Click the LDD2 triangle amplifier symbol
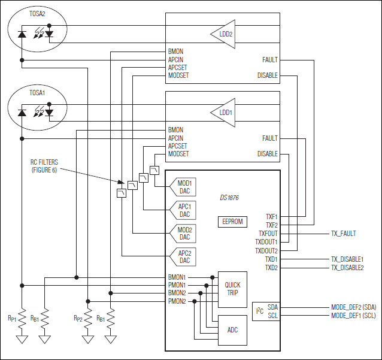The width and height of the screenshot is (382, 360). [x=222, y=34]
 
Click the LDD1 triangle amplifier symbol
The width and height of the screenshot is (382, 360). [x=222, y=112]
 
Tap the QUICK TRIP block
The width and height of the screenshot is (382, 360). [x=232, y=289]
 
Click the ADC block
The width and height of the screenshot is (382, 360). [x=232, y=329]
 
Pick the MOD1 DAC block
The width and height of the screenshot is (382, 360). [x=184, y=187]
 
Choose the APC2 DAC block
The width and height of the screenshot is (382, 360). [x=184, y=257]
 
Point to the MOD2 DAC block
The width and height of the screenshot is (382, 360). [x=184, y=234]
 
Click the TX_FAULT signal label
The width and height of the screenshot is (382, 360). [x=343, y=234]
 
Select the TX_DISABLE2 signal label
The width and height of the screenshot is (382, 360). [x=347, y=268]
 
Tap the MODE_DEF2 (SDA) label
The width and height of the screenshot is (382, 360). [x=353, y=307]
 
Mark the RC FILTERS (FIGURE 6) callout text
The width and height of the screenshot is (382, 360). [x=47, y=166]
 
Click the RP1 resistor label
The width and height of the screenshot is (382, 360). [x=12, y=317]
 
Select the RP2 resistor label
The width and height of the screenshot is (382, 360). [x=78, y=317]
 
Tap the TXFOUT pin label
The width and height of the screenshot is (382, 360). [x=268, y=234]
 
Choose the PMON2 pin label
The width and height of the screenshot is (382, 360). [x=177, y=301]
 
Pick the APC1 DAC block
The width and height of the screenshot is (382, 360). [x=184, y=210]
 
